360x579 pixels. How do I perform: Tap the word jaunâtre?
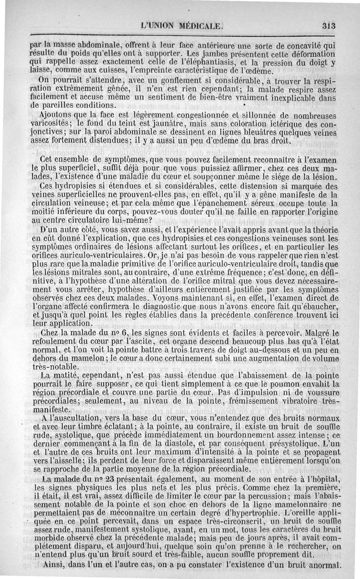click(x=141, y=123)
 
